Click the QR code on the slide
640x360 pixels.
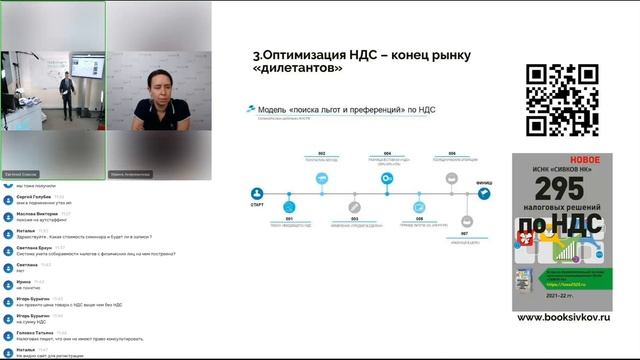coord(561,100)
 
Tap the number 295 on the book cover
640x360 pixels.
coord(561,191)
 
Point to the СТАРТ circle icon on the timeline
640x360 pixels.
coord(258,194)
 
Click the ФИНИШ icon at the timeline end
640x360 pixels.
coord(484,194)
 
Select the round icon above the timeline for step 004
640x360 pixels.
coord(387,178)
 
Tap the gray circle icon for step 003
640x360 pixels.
coord(354,209)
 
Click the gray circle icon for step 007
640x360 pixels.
coord(467,221)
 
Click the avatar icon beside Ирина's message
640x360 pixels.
coord(9,284)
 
